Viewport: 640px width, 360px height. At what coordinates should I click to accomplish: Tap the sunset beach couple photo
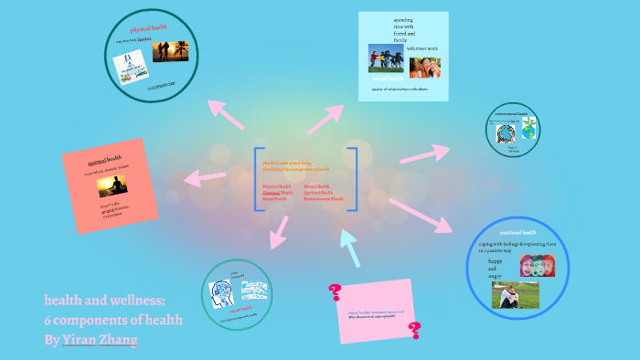click(x=171, y=51)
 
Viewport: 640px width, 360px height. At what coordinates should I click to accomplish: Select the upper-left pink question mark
click(x=335, y=291)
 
